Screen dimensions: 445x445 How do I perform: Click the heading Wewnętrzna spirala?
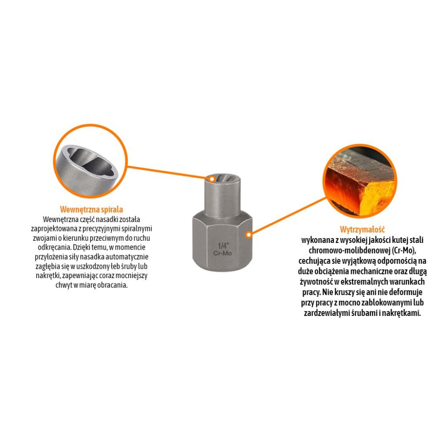pos(91,210)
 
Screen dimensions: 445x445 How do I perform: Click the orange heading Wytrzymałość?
pos(362,229)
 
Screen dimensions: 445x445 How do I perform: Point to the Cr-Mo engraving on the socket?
pos(222,253)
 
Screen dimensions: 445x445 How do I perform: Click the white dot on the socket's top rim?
pos(212,179)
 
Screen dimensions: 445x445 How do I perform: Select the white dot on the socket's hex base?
pos(249,235)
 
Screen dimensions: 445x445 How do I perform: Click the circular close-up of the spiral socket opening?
pos(91,161)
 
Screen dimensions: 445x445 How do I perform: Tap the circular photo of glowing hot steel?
pos(360,181)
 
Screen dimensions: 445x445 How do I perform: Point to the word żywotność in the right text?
pos(316,282)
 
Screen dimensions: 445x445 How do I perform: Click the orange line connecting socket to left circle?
pos(170,172)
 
